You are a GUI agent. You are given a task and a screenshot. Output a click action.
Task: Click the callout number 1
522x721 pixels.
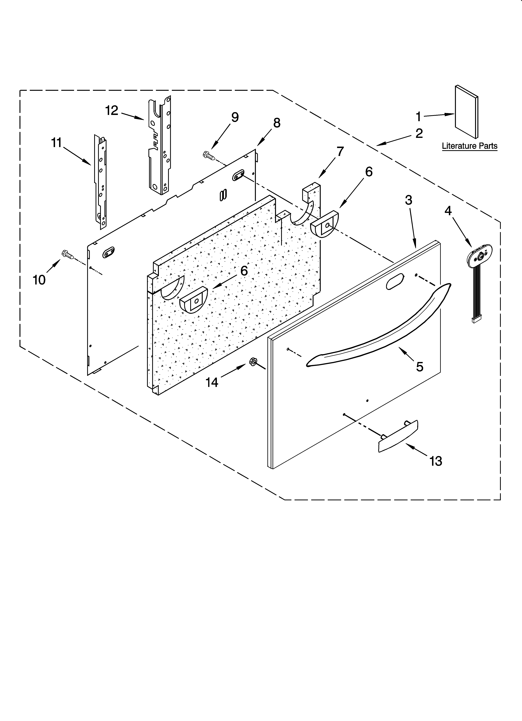click(418, 117)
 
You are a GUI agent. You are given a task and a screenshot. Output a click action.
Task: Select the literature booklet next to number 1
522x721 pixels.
click(466, 112)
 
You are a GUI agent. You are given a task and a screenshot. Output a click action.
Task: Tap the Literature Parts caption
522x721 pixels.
click(470, 146)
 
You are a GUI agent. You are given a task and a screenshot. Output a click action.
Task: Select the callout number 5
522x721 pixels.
click(420, 367)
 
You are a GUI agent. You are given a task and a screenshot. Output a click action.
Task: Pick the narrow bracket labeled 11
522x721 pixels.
click(101, 181)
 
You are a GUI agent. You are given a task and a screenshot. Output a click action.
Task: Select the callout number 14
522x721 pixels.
click(212, 382)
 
